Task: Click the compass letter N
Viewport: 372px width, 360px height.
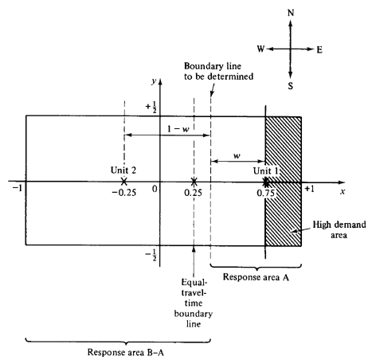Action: click(x=291, y=13)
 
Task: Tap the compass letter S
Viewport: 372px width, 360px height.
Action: click(x=291, y=86)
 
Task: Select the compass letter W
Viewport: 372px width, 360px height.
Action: click(x=261, y=49)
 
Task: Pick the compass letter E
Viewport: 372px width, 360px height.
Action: click(x=319, y=49)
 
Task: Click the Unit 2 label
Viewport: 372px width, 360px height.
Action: click(x=123, y=170)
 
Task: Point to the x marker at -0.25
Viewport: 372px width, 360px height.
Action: click(x=123, y=182)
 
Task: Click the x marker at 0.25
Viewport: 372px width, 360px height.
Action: click(x=194, y=182)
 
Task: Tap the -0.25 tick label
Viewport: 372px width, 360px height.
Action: click(x=124, y=193)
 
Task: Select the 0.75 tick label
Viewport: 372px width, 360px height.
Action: click(x=265, y=193)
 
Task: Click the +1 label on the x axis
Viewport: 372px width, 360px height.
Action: click(x=309, y=189)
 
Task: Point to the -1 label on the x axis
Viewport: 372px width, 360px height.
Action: click(x=18, y=188)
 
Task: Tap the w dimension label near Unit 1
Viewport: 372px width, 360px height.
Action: click(x=237, y=155)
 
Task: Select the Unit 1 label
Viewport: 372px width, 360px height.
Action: click(x=266, y=170)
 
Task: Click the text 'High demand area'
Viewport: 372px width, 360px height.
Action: click(x=339, y=229)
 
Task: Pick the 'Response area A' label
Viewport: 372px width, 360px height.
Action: click(x=256, y=277)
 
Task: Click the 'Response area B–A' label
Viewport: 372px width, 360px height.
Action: click(x=126, y=352)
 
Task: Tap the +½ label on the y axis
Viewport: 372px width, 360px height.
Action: click(x=151, y=108)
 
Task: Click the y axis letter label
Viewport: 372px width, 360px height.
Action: click(x=154, y=81)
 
